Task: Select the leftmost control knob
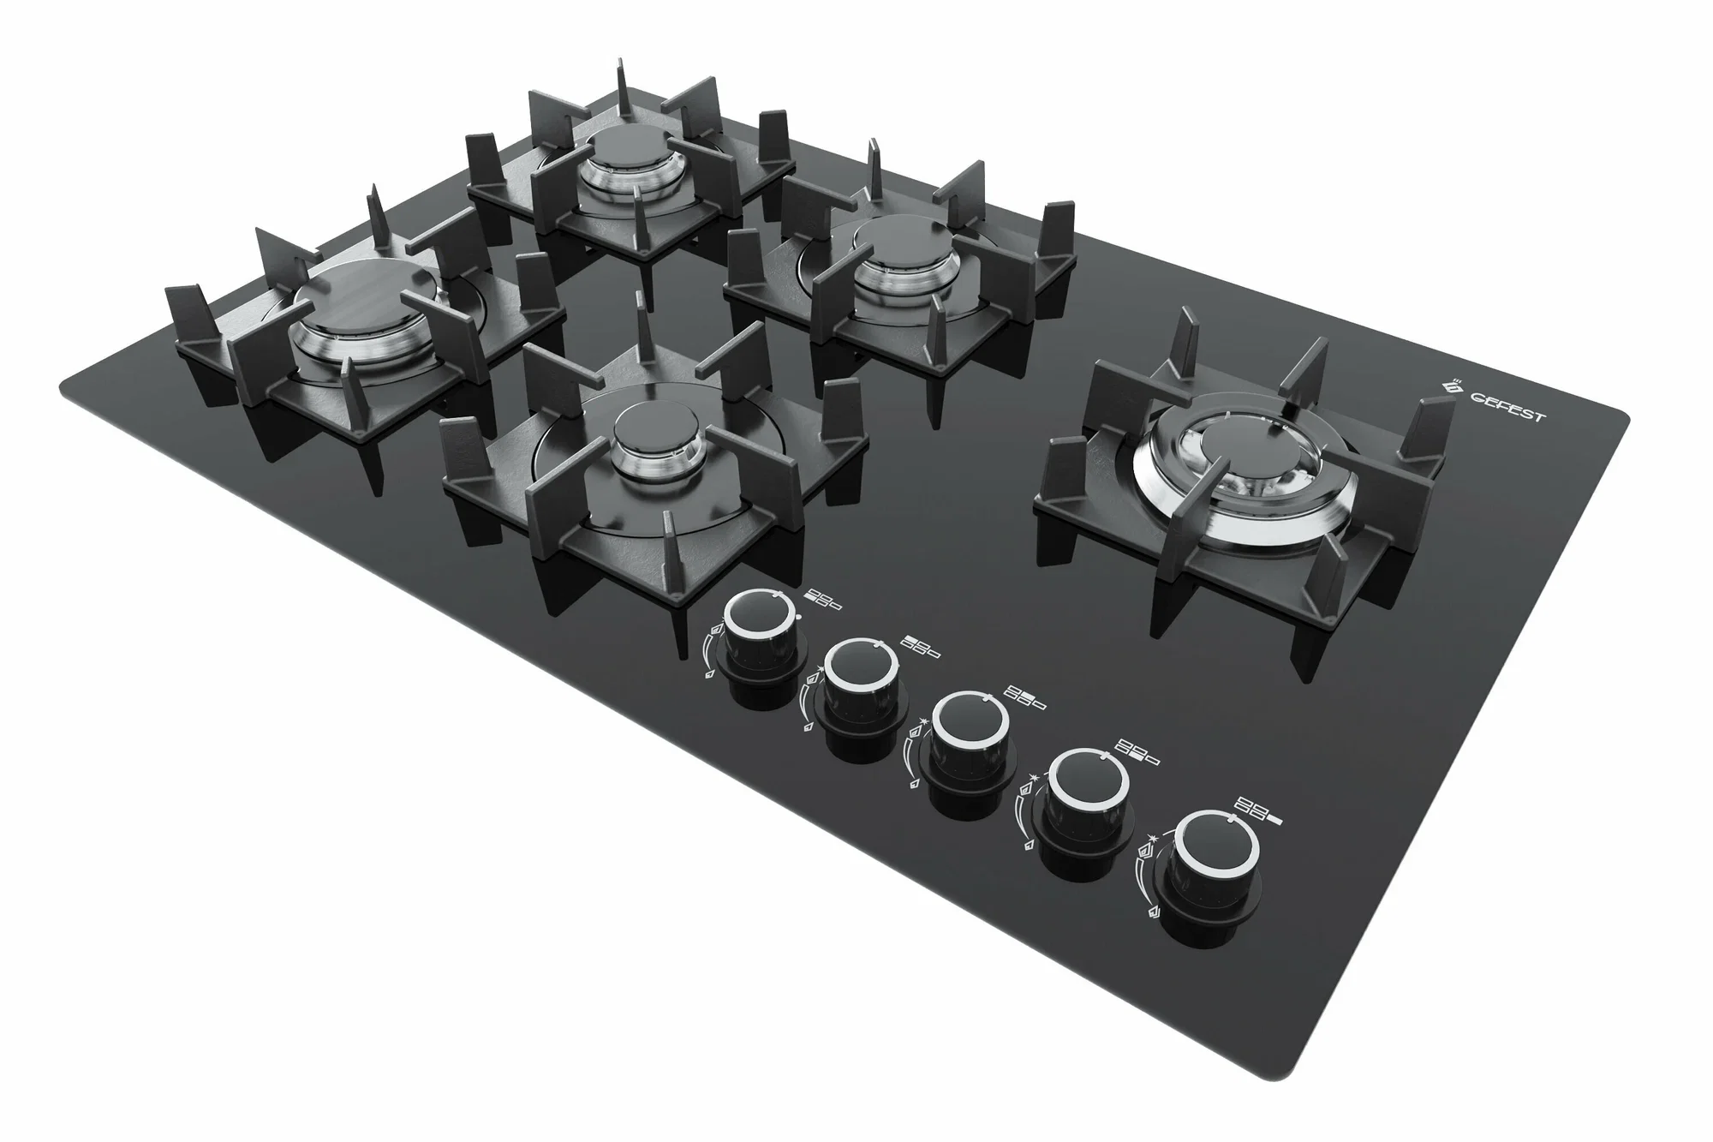(x=764, y=639)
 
